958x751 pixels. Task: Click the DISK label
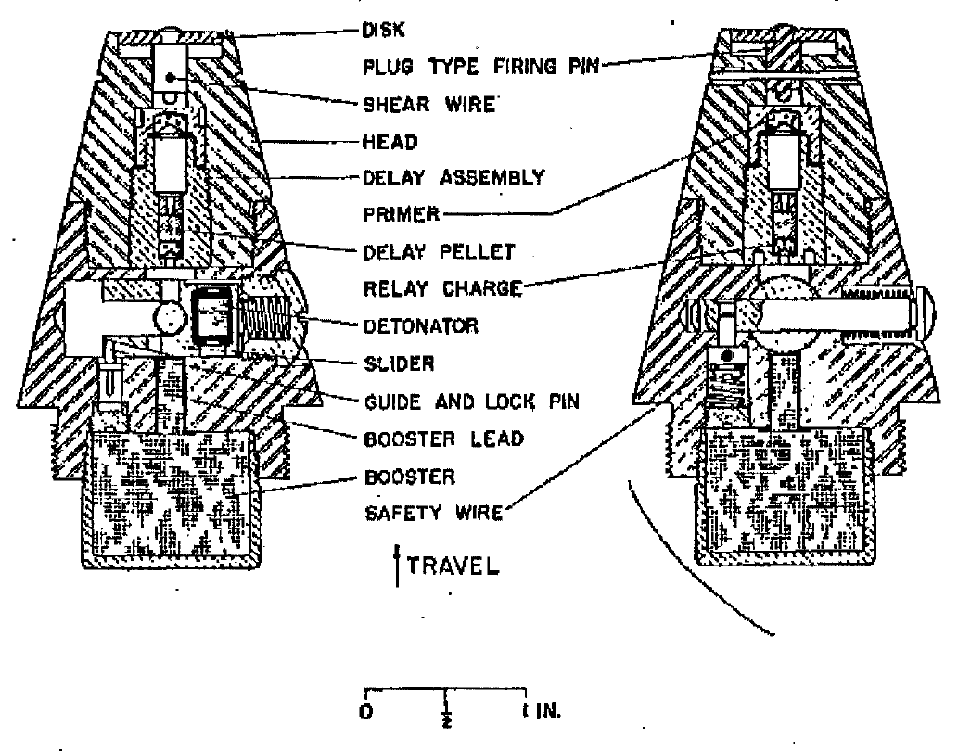383,30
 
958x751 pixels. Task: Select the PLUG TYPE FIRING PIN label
480,67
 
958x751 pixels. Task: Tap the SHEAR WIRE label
428,105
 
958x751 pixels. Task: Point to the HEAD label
390,142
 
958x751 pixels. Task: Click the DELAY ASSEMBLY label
453,178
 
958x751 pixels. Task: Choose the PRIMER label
402,214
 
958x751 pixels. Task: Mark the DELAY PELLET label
440,252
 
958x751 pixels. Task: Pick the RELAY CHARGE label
443,288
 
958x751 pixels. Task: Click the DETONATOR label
421,326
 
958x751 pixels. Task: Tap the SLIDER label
399,363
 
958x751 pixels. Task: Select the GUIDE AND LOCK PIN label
472,401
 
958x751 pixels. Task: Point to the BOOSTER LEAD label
444,439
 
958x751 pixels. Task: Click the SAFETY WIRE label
434,513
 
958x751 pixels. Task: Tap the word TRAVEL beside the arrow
453,566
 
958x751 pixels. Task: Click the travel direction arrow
398,566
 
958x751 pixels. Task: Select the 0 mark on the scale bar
366,712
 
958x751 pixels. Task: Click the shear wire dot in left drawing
171,77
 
